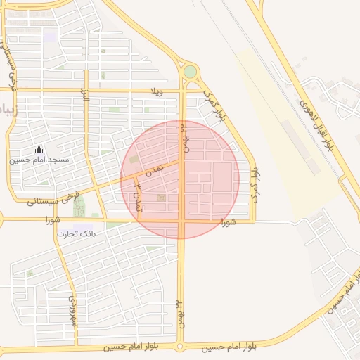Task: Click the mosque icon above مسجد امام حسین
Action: point(39,150)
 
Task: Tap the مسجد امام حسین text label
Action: point(39,160)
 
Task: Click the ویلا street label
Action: point(156,92)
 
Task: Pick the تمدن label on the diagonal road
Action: point(154,169)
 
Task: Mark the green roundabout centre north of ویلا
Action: point(190,72)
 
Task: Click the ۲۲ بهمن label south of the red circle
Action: point(180,312)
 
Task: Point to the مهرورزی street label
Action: point(72,309)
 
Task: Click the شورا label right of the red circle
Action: point(226,222)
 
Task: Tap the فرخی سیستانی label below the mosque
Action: point(55,197)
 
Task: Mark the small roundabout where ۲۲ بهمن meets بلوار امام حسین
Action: point(180,346)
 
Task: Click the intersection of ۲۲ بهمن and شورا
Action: point(181,221)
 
